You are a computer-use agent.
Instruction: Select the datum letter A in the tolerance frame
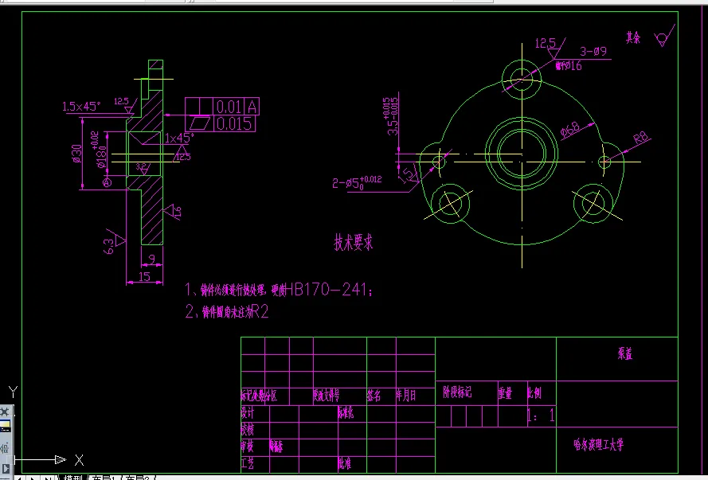(x=252, y=107)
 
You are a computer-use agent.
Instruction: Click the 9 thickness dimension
(x=152, y=257)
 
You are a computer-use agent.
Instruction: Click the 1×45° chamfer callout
(x=180, y=138)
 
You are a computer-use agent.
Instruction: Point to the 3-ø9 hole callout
(x=593, y=52)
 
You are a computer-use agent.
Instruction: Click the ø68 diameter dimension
(x=570, y=131)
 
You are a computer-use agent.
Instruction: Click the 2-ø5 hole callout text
(x=358, y=183)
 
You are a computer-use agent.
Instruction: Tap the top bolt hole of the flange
(x=522, y=77)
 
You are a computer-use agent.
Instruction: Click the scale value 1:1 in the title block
(x=541, y=416)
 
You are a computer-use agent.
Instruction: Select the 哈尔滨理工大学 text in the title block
(x=599, y=444)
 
